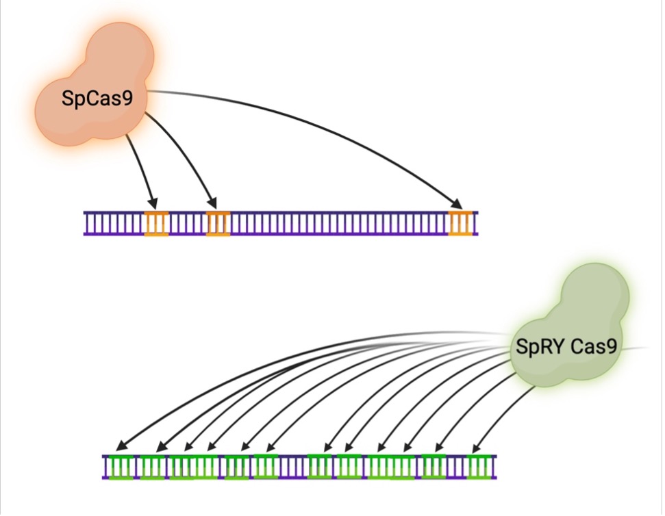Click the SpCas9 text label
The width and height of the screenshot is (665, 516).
pyautogui.click(x=96, y=99)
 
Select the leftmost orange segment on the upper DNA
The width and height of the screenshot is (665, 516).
pyautogui.click(x=156, y=223)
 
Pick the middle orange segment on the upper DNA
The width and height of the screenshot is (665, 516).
pyautogui.click(x=218, y=223)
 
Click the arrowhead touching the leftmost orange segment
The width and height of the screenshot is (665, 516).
pyautogui.click(x=153, y=204)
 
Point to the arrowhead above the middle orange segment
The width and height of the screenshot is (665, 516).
pyautogui.click(x=213, y=204)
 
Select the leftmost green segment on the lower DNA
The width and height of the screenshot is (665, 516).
pyautogui.click(x=122, y=467)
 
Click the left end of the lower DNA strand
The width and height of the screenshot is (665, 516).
pyautogui.click(x=105, y=467)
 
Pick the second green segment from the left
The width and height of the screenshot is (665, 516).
pyautogui.click(x=153, y=467)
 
